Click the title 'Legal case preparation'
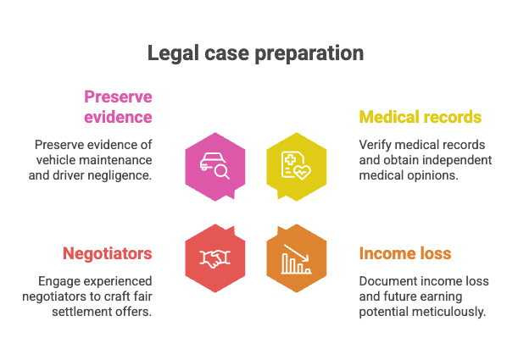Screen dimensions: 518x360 click(x=255, y=53)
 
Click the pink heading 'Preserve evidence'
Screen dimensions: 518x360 click(x=118, y=107)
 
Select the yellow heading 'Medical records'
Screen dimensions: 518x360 click(x=421, y=117)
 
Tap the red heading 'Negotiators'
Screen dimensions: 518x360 click(x=108, y=253)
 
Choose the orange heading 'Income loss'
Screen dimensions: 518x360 click(x=405, y=253)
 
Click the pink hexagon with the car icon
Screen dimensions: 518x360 click(x=215, y=167)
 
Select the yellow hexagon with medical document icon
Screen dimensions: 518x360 click(x=297, y=167)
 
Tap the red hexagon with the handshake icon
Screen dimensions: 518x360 click(x=215, y=258)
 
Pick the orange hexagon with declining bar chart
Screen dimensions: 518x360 click(x=297, y=258)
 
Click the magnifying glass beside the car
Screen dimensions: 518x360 click(x=221, y=172)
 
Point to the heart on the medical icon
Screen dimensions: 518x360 click(x=303, y=172)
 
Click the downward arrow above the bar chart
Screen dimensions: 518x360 click(x=297, y=252)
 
